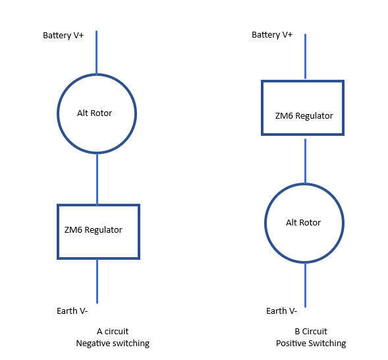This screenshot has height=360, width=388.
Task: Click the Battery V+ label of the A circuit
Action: click(63, 36)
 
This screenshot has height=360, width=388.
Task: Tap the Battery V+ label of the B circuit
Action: click(272, 35)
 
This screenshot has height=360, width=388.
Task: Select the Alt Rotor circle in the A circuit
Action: click(57, 113)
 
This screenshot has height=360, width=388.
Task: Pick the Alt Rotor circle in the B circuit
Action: click(265, 223)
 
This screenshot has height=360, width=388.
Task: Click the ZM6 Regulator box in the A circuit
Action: click(58, 231)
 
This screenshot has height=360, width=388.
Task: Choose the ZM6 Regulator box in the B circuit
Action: click(262, 107)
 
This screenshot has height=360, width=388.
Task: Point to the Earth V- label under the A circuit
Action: click(72, 311)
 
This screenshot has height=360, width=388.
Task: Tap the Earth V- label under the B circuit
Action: click(281, 311)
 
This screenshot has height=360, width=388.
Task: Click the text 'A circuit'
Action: click(113, 331)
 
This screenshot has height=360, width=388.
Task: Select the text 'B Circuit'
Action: click(311, 331)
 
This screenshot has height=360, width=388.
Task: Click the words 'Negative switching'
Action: click(113, 344)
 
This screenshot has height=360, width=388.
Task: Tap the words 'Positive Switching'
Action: click(311, 344)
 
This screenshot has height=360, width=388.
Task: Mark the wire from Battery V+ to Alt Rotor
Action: click(96, 52)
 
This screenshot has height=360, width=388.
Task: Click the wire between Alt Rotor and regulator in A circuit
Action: click(97, 179)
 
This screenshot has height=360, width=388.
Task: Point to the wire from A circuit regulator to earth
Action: click(97, 282)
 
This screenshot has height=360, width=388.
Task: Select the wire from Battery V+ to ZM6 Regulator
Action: click(305, 57)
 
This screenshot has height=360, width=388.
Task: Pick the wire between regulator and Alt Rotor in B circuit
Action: click(305, 161)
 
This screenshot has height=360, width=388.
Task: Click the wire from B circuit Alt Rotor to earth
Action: click(305, 285)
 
